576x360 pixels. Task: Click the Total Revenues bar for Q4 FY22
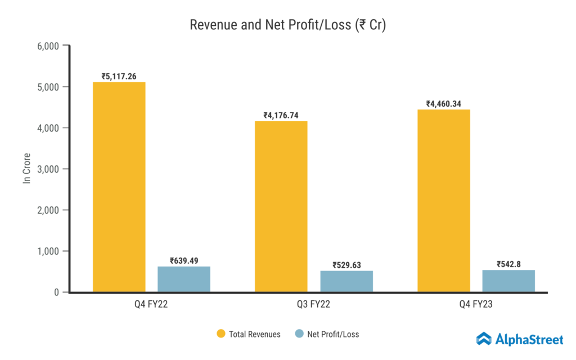coord(119,187)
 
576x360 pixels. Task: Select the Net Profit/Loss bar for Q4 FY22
coord(184,279)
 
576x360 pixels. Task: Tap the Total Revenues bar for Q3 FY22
coord(281,206)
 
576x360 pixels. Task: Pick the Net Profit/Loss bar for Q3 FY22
coord(346,281)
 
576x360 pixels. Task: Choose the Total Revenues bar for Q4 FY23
coord(444,200)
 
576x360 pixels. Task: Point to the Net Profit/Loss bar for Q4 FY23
coord(508,281)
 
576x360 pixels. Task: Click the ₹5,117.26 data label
coord(119,76)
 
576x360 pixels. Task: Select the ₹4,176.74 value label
coord(281,115)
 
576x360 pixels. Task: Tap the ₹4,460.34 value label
coord(444,103)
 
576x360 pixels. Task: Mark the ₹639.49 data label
coord(184,260)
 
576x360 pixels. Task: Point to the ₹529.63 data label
coord(346,264)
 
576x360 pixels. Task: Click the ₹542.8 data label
coord(508,264)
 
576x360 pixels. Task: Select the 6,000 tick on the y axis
coord(48,46)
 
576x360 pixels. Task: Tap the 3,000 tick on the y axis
coord(48,169)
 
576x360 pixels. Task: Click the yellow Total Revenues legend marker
coord(222,334)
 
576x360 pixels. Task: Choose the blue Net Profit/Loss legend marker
coord(299,334)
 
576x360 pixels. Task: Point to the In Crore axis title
coord(26,169)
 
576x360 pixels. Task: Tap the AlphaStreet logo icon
coord(484,339)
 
